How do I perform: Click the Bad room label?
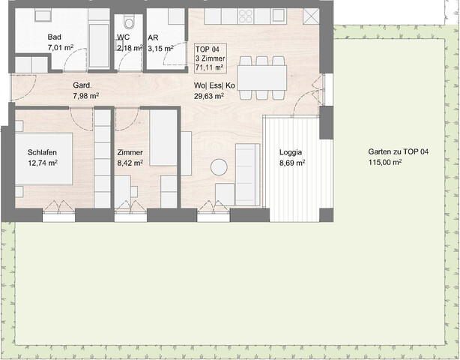54,37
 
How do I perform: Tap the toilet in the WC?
128,21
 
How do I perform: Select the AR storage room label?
153,37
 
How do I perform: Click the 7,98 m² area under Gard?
85,96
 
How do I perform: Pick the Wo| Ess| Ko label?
214,85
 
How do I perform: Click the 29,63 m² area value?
215,96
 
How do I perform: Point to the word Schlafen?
43,151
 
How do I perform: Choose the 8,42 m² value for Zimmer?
130,162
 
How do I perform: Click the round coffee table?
219,167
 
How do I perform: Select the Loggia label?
291,151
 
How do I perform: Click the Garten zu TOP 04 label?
399,151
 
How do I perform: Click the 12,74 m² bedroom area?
43,162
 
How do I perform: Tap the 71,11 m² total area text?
210,67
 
